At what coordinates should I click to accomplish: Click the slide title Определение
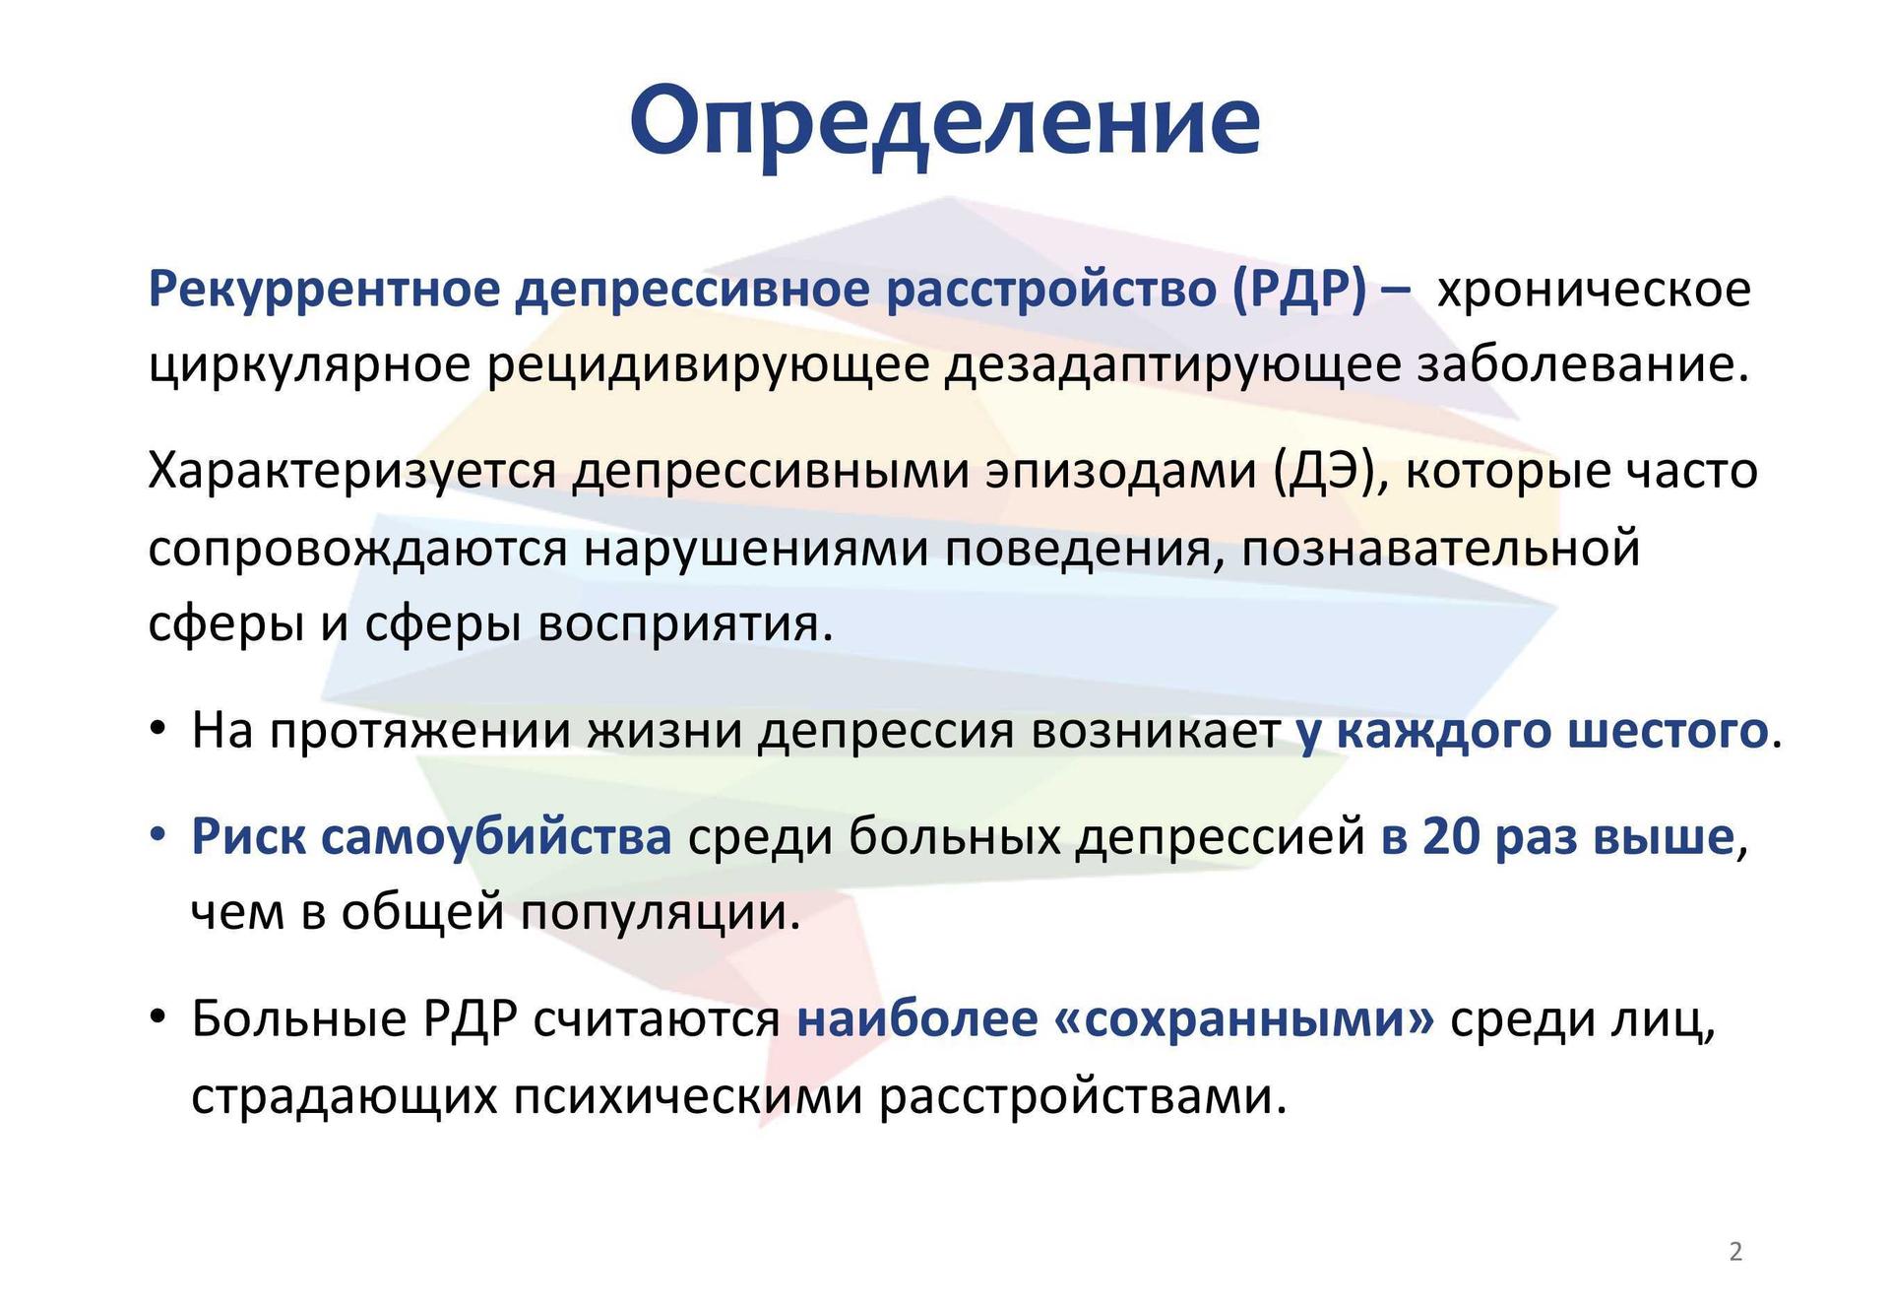point(945,121)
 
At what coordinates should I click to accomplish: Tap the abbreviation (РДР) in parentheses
point(1298,291)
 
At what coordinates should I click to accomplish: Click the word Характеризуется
point(352,471)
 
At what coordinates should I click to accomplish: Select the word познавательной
point(1441,548)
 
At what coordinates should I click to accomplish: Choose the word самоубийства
point(497,837)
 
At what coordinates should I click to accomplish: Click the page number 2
point(1735,1252)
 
